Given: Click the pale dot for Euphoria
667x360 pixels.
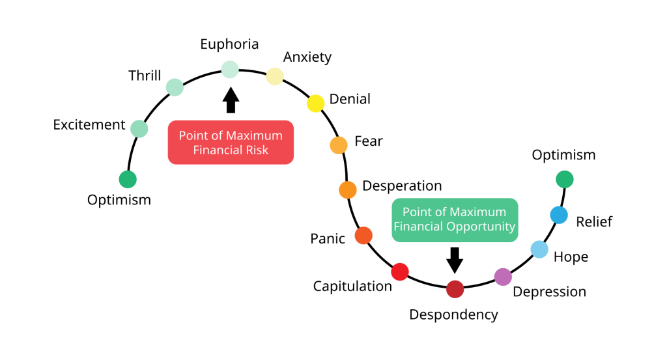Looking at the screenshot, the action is pyautogui.click(x=230, y=69).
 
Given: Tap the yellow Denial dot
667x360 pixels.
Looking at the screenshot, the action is pyautogui.click(x=316, y=104).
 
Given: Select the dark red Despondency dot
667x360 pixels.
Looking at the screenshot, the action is pyautogui.click(x=455, y=289).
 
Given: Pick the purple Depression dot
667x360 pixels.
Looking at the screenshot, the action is pyautogui.click(x=503, y=277).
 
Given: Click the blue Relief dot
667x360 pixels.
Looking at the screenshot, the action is pyautogui.click(x=559, y=215).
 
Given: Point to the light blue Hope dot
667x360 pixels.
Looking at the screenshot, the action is pyautogui.click(x=539, y=249).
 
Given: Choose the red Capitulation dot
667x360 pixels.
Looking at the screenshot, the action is pyautogui.click(x=400, y=271).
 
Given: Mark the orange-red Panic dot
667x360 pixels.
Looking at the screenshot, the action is pyautogui.click(x=363, y=236).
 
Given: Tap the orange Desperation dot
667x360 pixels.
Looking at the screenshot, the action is pyautogui.click(x=348, y=189).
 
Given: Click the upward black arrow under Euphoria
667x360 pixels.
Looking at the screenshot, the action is pyautogui.click(x=231, y=100).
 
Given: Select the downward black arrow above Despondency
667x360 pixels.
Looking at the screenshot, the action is pyautogui.click(x=455, y=260).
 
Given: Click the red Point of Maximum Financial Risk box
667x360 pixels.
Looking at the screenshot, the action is pyautogui.click(x=231, y=143).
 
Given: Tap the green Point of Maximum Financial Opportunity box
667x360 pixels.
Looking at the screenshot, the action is pyautogui.click(x=455, y=220).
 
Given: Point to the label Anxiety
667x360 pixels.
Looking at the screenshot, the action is pyautogui.click(x=307, y=57).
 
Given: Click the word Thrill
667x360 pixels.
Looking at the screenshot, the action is pyautogui.click(x=145, y=76).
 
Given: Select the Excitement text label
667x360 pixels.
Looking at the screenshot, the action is pyautogui.click(x=89, y=124).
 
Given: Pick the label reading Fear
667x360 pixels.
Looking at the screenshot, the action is pyautogui.click(x=369, y=141).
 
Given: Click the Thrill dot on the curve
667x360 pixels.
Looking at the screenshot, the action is pyautogui.click(x=175, y=87).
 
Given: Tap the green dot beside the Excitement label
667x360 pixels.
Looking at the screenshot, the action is pyautogui.click(x=139, y=128).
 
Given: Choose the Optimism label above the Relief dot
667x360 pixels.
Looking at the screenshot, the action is pyautogui.click(x=563, y=155).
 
